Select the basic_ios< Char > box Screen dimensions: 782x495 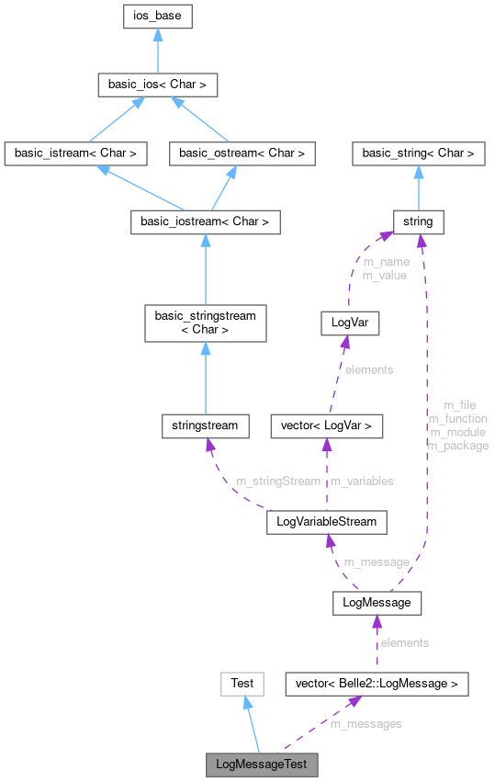pyautogui.click(x=158, y=85)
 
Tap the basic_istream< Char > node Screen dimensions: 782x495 pyautogui.click(x=75, y=153)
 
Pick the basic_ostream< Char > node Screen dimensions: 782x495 pyautogui.click(x=242, y=153)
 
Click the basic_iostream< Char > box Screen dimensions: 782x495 pyautogui.click(x=205, y=222)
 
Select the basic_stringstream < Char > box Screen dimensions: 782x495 pyautogui.click(x=205, y=323)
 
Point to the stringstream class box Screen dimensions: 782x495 pyautogui.click(x=205, y=425)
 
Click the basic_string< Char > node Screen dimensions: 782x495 pyautogui.click(x=419, y=153)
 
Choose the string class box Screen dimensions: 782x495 pyautogui.click(x=419, y=222)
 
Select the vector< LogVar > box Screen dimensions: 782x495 pyautogui.click(x=326, y=425)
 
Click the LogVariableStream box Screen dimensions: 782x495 pyautogui.click(x=326, y=523)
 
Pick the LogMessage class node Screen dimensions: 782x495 pyautogui.click(x=377, y=603)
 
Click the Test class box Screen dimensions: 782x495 pyautogui.click(x=242, y=684)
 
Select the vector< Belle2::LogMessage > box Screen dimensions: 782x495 pyautogui.click(x=377, y=684)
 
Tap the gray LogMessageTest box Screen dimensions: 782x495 pyautogui.click(x=262, y=765)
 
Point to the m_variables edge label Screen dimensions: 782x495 pyautogui.click(x=362, y=481)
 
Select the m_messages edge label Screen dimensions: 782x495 pyautogui.click(x=366, y=724)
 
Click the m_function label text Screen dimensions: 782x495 pyautogui.click(x=458, y=419)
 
